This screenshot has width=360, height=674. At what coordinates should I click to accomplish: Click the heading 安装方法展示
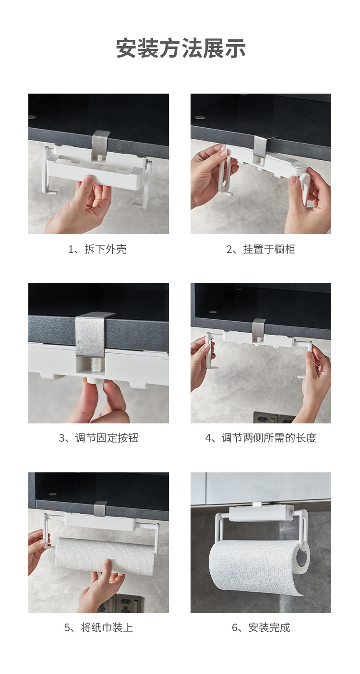tap(181, 48)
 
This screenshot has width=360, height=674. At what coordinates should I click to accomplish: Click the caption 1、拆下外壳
tap(97, 249)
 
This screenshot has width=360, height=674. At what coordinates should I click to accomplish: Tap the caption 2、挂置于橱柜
tap(261, 249)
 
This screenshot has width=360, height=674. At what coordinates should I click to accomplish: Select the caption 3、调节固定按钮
tap(98, 438)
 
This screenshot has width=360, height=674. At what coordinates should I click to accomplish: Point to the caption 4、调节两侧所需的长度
tap(261, 438)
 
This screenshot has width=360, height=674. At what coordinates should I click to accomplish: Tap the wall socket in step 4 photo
tap(272, 418)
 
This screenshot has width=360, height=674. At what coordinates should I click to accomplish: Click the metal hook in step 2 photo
tap(262, 147)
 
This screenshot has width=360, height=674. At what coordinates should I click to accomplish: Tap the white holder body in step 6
tap(261, 513)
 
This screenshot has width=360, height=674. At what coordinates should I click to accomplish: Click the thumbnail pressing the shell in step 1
tap(88, 180)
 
